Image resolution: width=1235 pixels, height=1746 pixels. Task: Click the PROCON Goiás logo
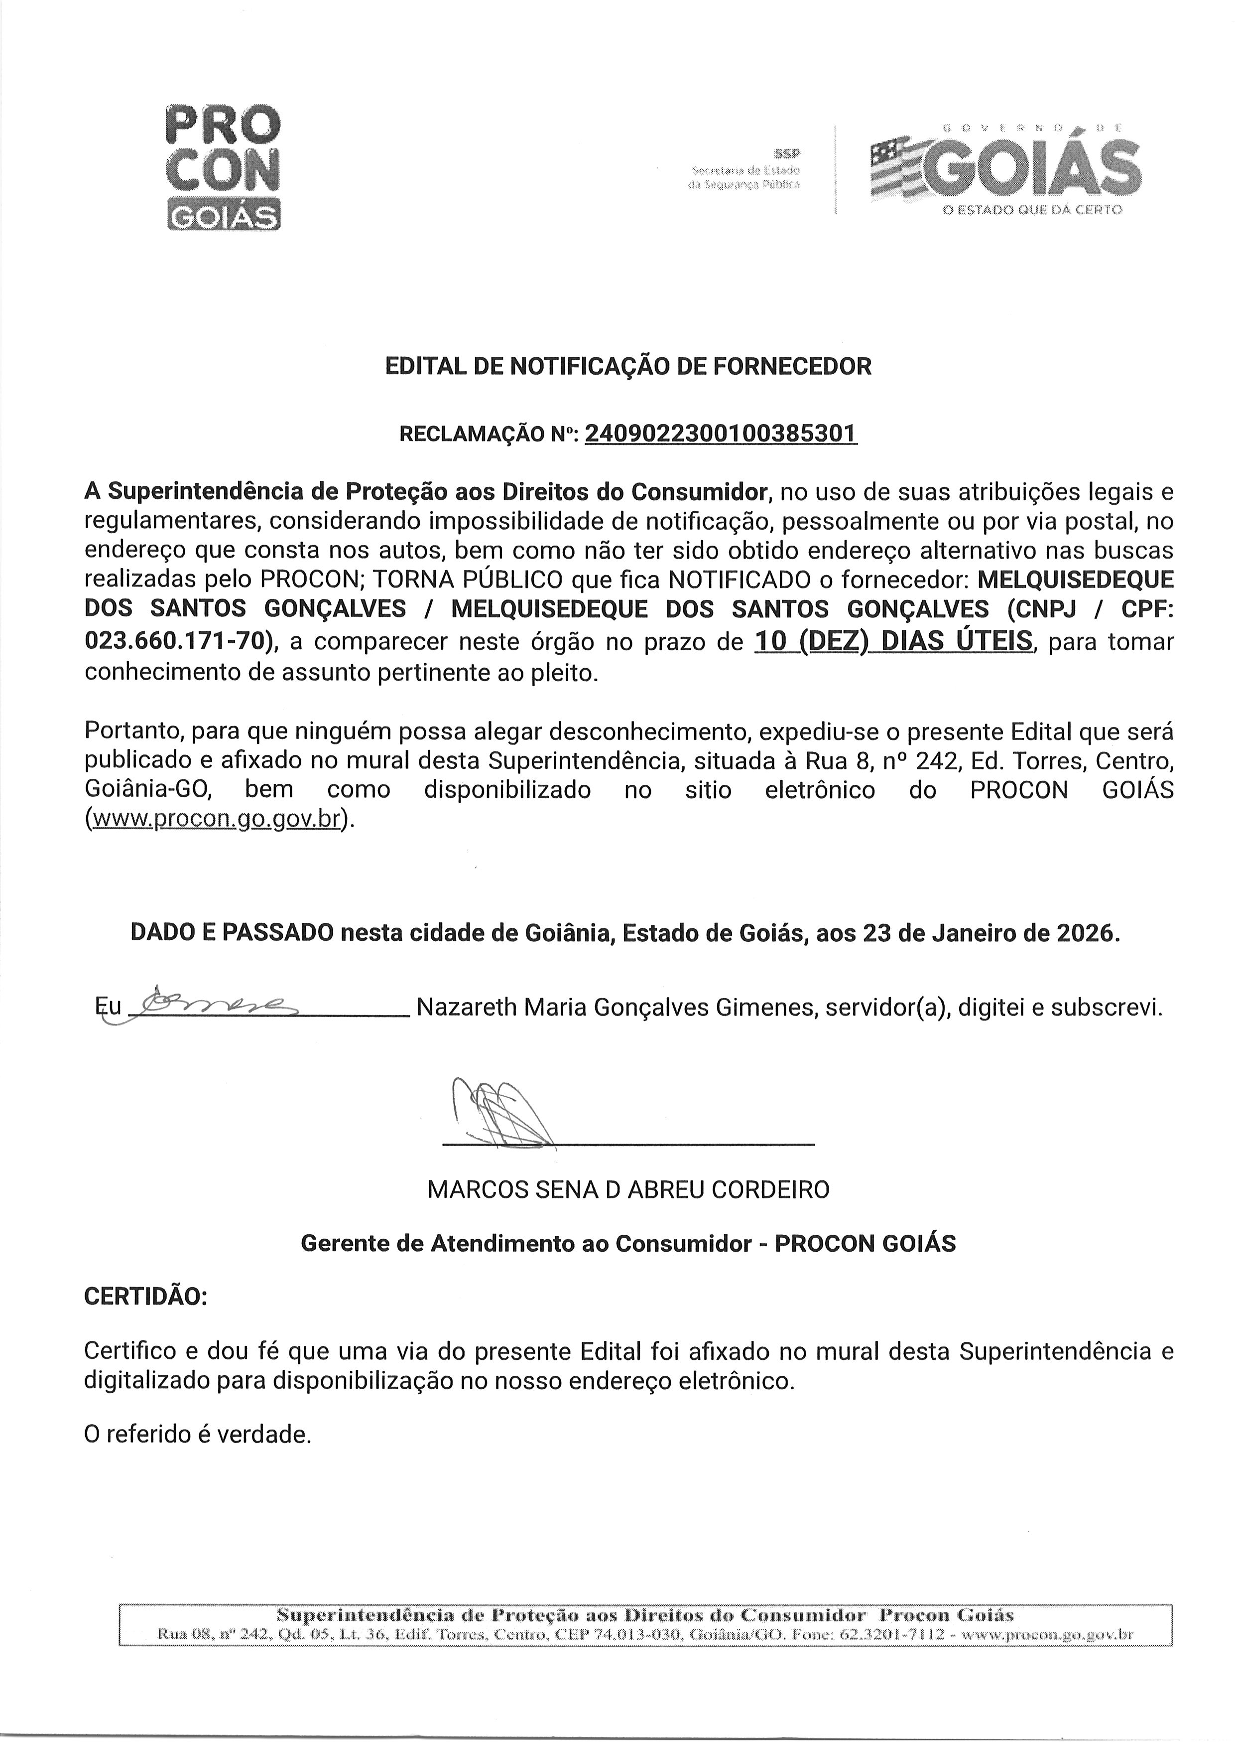click(223, 167)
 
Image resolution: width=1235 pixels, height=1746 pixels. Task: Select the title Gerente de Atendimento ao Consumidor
click(531, 1243)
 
